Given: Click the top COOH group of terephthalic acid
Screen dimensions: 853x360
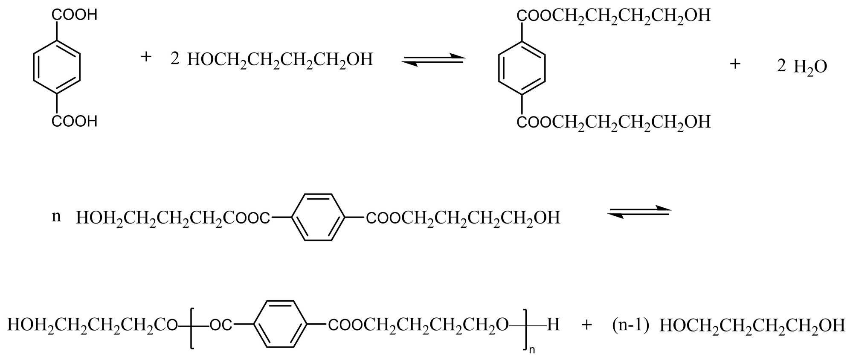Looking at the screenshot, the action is pos(75,15).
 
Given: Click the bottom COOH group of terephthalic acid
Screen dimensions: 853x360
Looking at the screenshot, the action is pos(75,122).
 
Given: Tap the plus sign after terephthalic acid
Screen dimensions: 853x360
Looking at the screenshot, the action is pos(146,57).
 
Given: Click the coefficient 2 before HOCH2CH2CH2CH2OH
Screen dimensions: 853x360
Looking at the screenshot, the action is pos(175,59).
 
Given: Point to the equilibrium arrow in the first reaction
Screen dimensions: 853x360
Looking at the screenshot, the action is pos(433,60).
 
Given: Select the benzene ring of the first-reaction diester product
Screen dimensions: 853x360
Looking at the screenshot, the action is pos(522,68).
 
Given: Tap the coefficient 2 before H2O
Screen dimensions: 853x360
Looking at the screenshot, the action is pos(781,66).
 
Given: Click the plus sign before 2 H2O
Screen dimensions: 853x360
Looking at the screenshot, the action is pos(735,64).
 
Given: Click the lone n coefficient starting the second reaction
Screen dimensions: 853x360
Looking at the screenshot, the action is pos(56,217).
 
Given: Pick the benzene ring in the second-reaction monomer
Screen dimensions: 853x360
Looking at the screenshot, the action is pos(318,218).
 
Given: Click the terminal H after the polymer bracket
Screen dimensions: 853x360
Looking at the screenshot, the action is pos(553,325).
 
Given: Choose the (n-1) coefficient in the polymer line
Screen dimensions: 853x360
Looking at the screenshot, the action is pos(630,325).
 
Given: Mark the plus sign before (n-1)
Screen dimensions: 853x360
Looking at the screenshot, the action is pos(587,325).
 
